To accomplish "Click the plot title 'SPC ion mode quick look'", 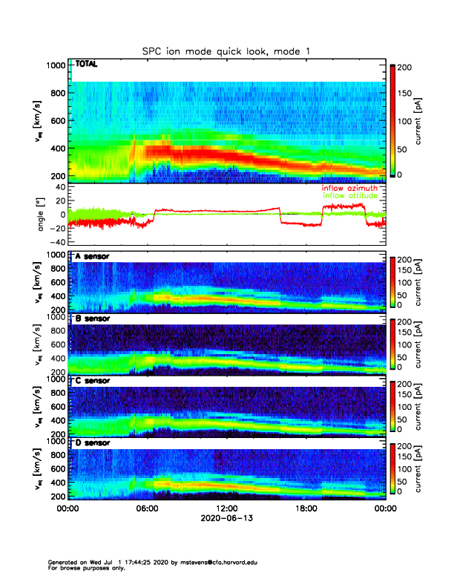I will (226, 50).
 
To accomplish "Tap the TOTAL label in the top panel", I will (87, 65).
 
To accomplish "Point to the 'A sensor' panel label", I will (92, 256).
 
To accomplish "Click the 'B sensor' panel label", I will (92, 318).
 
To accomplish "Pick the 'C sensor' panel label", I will (92, 380).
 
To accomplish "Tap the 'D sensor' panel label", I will (92, 442).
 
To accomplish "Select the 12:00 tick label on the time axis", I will (226, 509).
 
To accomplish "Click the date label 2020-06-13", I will (226, 519).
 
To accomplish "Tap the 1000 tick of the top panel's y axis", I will (56, 65).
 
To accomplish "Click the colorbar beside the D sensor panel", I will (393, 468).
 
